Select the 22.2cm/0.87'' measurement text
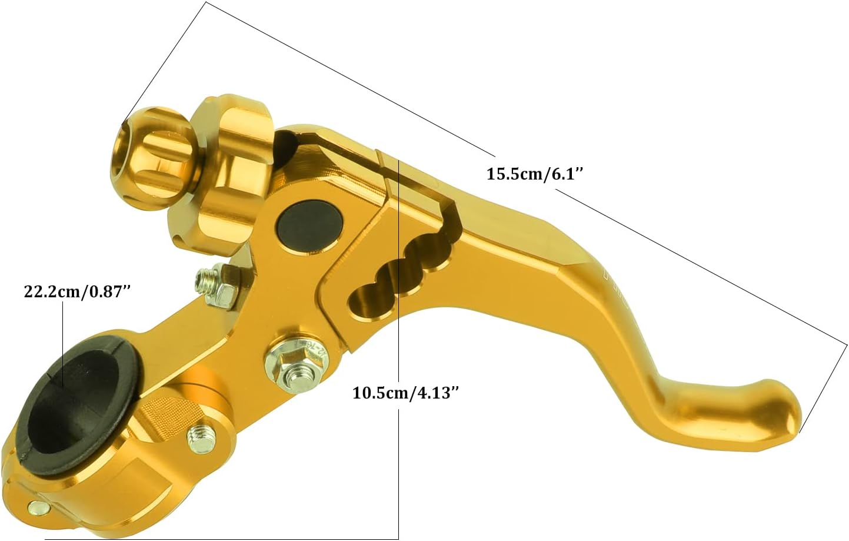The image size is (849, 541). [x=76, y=293]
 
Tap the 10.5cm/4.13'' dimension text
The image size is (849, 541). [x=405, y=393]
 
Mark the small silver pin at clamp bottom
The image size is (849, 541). [x=36, y=507]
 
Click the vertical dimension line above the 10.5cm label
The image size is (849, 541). [x=399, y=265]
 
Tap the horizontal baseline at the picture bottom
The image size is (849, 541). [x=218, y=537]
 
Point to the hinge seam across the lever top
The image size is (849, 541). [x=385, y=177]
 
